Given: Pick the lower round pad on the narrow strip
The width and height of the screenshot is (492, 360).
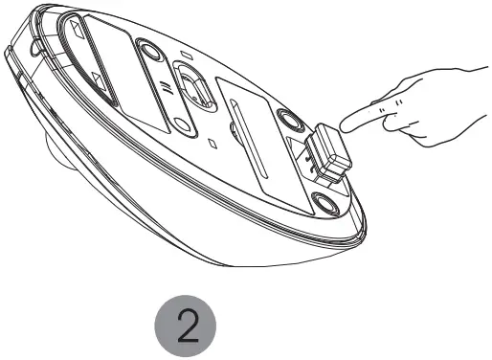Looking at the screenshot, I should click(x=182, y=127).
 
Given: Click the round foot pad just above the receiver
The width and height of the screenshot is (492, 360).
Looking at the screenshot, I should click(x=289, y=119).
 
